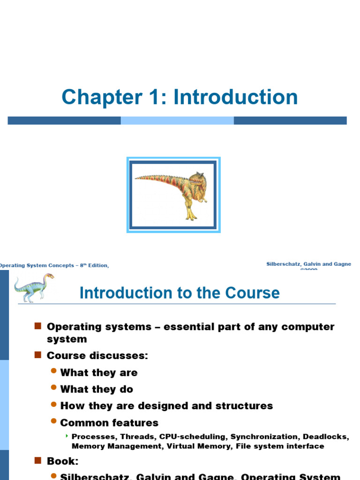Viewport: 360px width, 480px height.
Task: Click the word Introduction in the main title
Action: click(236, 97)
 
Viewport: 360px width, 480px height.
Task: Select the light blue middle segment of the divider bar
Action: click(177, 120)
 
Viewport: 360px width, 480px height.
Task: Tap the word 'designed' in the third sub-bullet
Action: click(157, 405)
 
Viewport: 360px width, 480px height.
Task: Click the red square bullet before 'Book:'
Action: click(38, 460)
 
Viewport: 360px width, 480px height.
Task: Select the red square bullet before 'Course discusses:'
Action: click(38, 355)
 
